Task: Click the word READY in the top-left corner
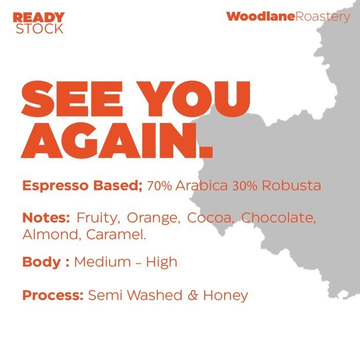coord(39,17)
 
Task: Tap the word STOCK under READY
coord(40,29)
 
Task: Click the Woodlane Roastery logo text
coord(288,16)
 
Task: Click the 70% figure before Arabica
coord(159,186)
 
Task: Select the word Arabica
coord(202,186)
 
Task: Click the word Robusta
coord(292,186)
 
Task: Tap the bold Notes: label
coord(46,218)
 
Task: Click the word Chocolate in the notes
coord(278,218)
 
